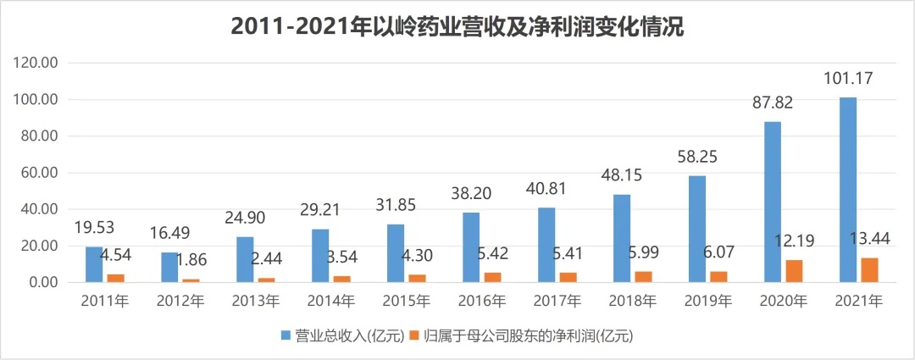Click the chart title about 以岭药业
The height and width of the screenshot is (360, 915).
click(457, 27)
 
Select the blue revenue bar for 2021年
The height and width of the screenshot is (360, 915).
click(847, 190)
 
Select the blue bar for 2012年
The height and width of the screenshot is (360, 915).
click(169, 267)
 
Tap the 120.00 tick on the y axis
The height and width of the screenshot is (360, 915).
click(35, 64)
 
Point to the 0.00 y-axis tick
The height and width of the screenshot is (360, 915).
click(42, 282)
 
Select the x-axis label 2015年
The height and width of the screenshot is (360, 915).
click(405, 302)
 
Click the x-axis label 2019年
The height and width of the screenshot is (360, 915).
click(707, 302)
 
